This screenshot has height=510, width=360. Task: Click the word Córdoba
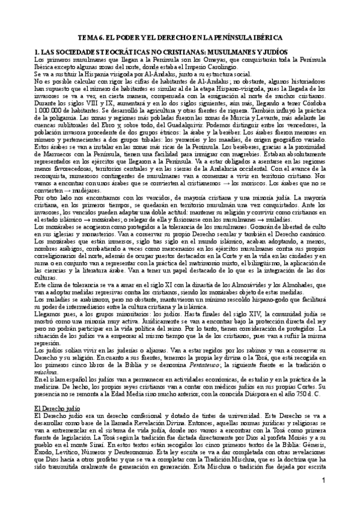coord(326,102)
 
